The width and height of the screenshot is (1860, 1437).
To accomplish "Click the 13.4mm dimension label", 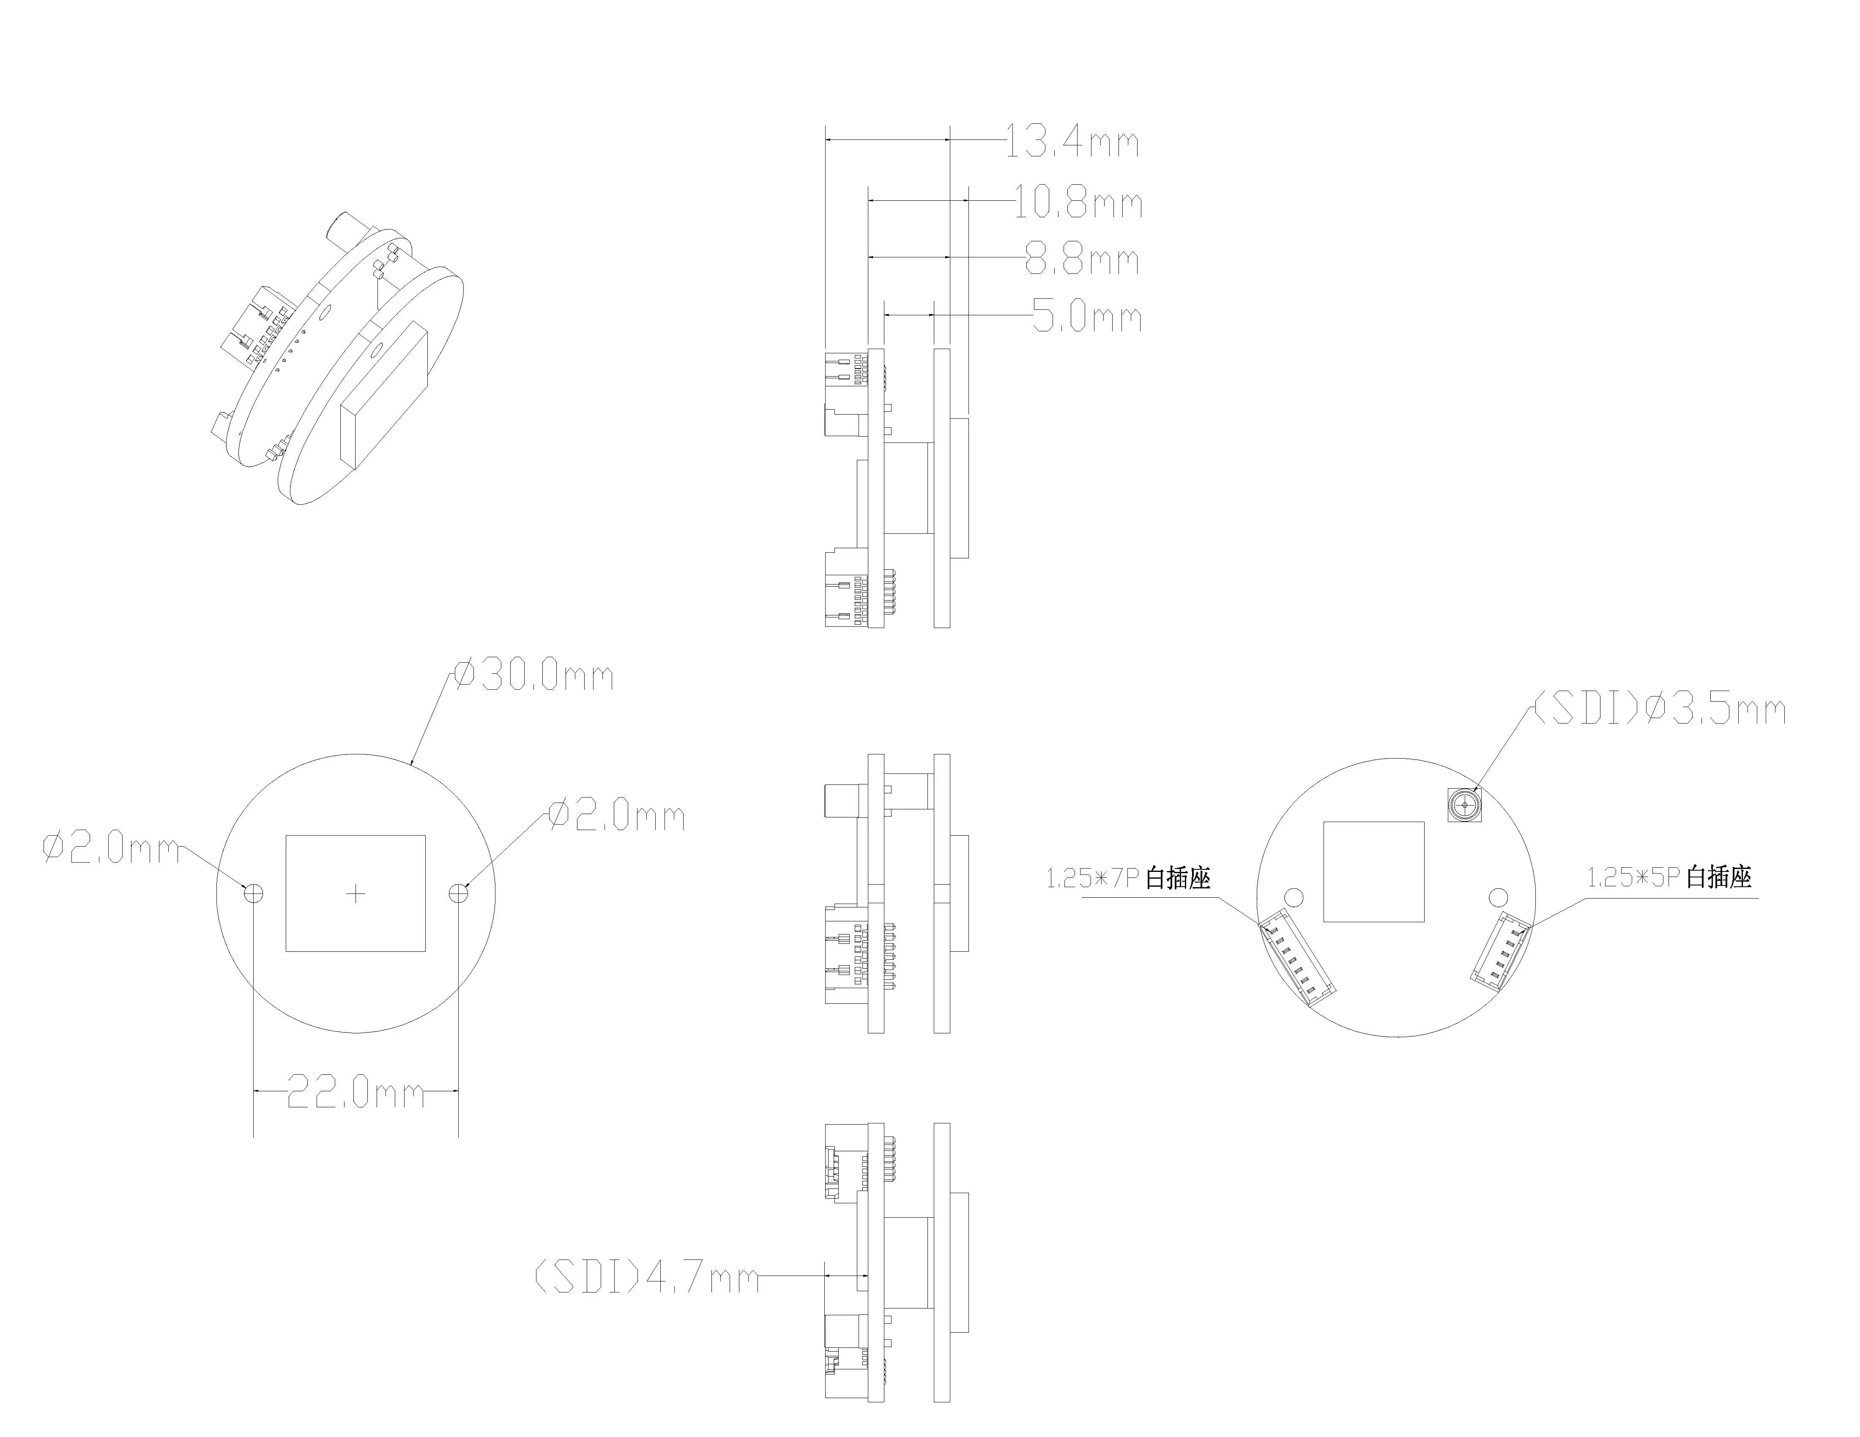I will pyautogui.click(x=1071, y=141).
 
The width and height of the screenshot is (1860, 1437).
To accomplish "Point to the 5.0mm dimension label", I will pyautogui.click(x=1087, y=317).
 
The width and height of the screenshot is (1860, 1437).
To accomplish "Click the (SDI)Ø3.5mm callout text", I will pyautogui.click(x=1659, y=709).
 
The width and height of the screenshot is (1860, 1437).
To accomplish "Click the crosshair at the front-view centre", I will pyautogui.click(x=356, y=893).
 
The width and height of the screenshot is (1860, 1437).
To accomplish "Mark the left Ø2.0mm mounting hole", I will pyautogui.click(x=254, y=893).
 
